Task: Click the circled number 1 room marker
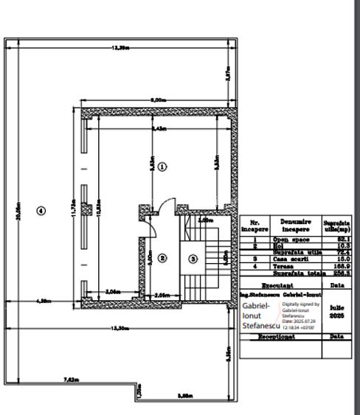pyautogui.click(x=163, y=166)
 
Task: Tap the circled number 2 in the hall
pyautogui.click(x=163, y=258)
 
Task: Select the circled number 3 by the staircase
pyautogui.click(x=193, y=258)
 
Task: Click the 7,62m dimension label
pyautogui.click(x=70, y=380)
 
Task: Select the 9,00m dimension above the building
pyautogui.click(x=157, y=99)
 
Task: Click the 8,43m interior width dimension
pyautogui.click(x=157, y=129)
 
